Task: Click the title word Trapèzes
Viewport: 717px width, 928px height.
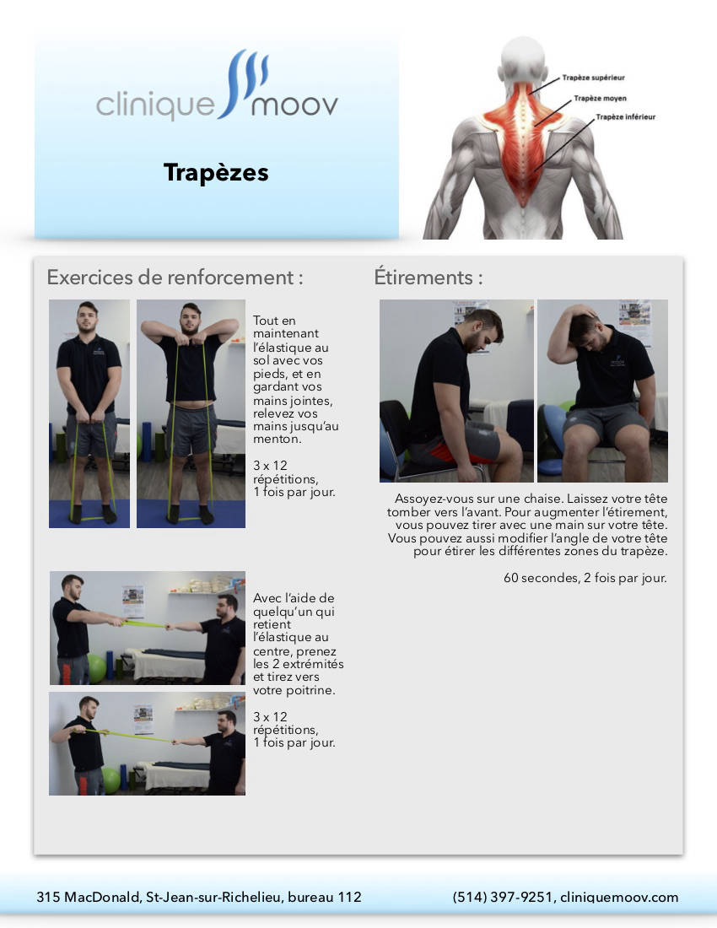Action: (216, 173)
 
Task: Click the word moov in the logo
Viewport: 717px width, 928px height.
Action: (294, 106)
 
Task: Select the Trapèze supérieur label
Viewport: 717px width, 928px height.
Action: (593, 78)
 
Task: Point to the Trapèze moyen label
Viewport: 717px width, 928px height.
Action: (600, 98)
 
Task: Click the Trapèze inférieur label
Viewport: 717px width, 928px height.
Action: (625, 117)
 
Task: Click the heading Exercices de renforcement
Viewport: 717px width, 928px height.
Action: (175, 278)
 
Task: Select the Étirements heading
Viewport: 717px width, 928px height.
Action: (429, 277)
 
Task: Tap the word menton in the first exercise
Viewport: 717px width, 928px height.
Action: (277, 440)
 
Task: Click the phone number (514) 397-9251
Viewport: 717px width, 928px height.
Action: (503, 898)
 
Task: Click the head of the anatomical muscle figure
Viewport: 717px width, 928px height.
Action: (523, 58)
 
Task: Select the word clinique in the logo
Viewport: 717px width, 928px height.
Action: (155, 106)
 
